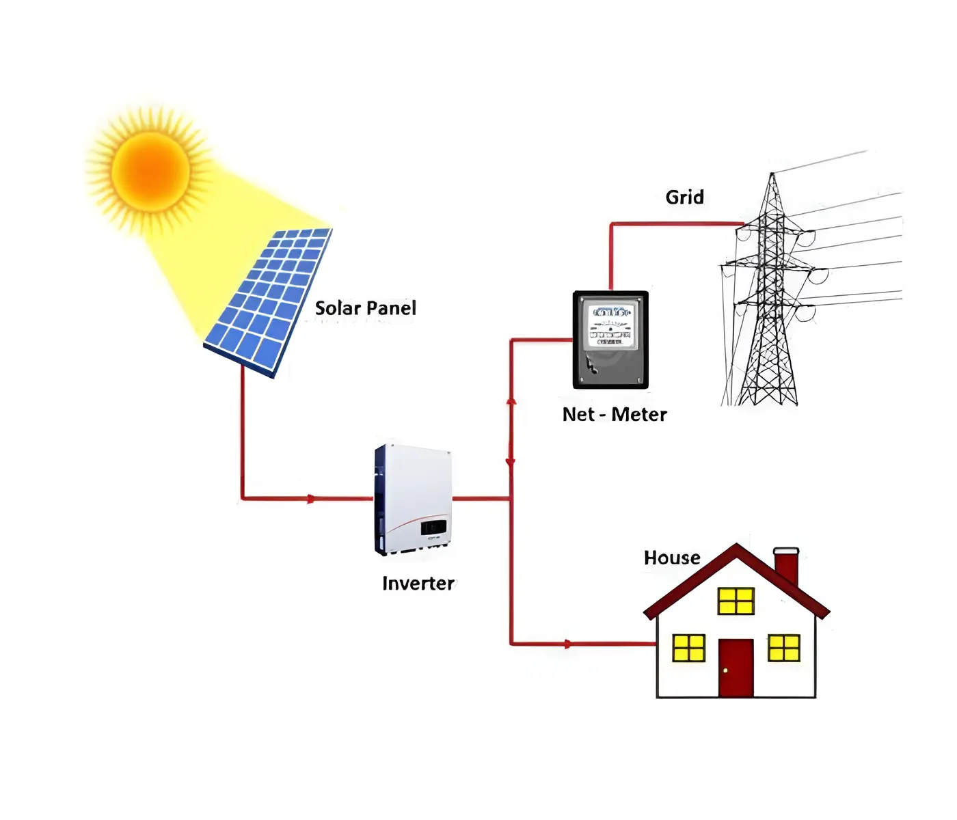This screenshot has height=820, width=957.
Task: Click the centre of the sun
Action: click(150, 170)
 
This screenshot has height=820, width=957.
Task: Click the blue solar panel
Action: click(270, 301)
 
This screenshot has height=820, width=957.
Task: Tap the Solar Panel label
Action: click(365, 308)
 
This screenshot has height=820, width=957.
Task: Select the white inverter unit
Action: click(413, 499)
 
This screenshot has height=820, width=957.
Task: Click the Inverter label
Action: click(418, 584)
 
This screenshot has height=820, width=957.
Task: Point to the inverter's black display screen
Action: click(433, 528)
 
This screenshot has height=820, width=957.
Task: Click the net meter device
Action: click(610, 340)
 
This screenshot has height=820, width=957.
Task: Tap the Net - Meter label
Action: click(615, 415)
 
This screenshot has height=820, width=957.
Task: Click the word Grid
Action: click(684, 197)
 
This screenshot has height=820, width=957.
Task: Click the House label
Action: click(672, 558)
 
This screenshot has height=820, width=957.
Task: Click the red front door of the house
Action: click(736, 668)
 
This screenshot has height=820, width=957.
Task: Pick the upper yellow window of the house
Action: click(736, 601)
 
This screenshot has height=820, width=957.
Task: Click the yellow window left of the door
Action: click(688, 648)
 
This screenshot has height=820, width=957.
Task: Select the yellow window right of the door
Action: click(783, 648)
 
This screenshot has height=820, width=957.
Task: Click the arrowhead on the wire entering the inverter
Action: click(311, 499)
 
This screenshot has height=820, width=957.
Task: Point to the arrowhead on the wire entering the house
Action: click(567, 644)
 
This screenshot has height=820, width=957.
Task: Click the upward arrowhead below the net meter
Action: click(511, 401)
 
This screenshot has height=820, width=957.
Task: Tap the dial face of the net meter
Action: click(610, 325)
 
